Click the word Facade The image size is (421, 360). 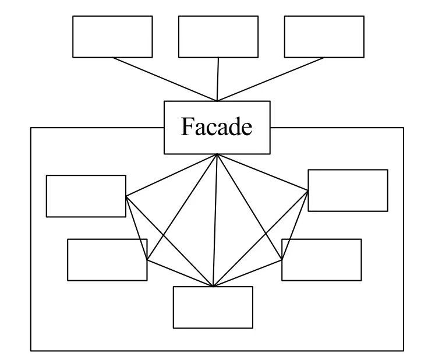(x=217, y=127)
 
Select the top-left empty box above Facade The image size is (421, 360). (x=112, y=36)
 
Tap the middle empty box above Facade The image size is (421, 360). (x=218, y=36)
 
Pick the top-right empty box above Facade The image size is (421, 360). (x=324, y=36)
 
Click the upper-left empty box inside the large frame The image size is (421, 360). (x=86, y=196)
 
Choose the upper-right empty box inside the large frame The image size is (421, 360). (x=348, y=190)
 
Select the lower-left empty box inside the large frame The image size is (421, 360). (x=107, y=259)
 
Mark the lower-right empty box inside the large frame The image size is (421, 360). (x=321, y=259)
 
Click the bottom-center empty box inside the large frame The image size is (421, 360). (x=213, y=307)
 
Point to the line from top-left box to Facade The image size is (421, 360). (x=165, y=79)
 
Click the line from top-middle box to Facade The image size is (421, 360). (x=218, y=79)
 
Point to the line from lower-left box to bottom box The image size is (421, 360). (x=181, y=274)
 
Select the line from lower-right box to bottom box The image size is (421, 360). (x=247, y=274)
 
